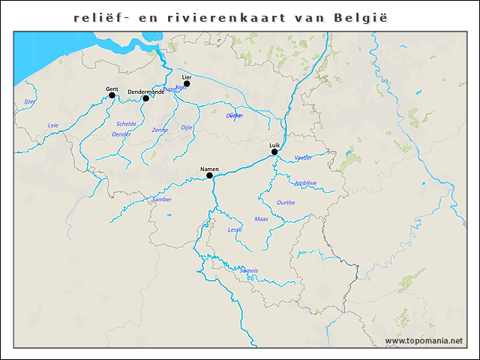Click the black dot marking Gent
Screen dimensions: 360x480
(x=112, y=95)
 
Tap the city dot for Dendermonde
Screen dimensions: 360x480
(x=145, y=99)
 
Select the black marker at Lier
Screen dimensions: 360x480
(x=187, y=83)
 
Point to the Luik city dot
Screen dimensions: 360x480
(x=274, y=151)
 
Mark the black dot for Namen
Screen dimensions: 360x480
(x=210, y=176)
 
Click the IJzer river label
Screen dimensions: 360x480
(x=29, y=101)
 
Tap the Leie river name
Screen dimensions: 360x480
(x=52, y=125)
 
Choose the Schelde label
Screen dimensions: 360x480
(x=126, y=124)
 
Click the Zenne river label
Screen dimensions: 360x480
(x=160, y=130)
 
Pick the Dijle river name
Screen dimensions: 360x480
(x=187, y=128)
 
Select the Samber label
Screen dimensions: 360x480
(x=162, y=199)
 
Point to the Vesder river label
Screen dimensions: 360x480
(x=303, y=158)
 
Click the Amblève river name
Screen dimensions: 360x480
(x=305, y=183)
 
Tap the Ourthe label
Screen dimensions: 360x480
(x=286, y=202)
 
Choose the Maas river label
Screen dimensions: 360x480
(x=261, y=219)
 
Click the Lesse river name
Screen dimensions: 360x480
(x=235, y=229)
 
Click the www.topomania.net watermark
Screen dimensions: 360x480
(x=424, y=341)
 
